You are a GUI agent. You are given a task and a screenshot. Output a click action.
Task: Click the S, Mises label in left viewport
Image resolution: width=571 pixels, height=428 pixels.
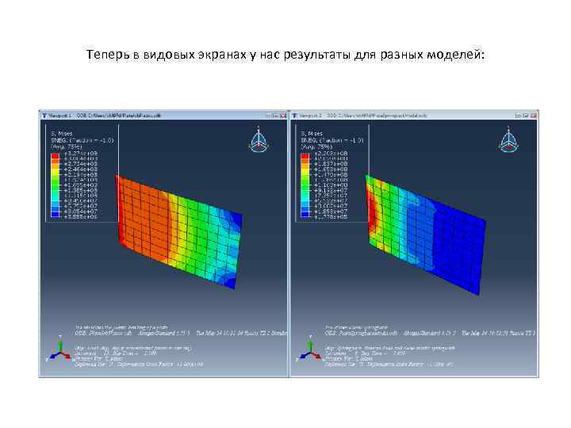(x=60, y=134)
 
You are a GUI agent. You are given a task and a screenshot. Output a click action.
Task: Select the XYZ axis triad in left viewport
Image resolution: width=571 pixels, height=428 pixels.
(x=58, y=347)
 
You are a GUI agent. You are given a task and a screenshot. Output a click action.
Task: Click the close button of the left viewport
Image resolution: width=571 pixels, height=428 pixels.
(x=283, y=115)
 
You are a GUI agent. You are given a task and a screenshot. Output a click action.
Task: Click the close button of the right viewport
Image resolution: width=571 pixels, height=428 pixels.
(x=534, y=115)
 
